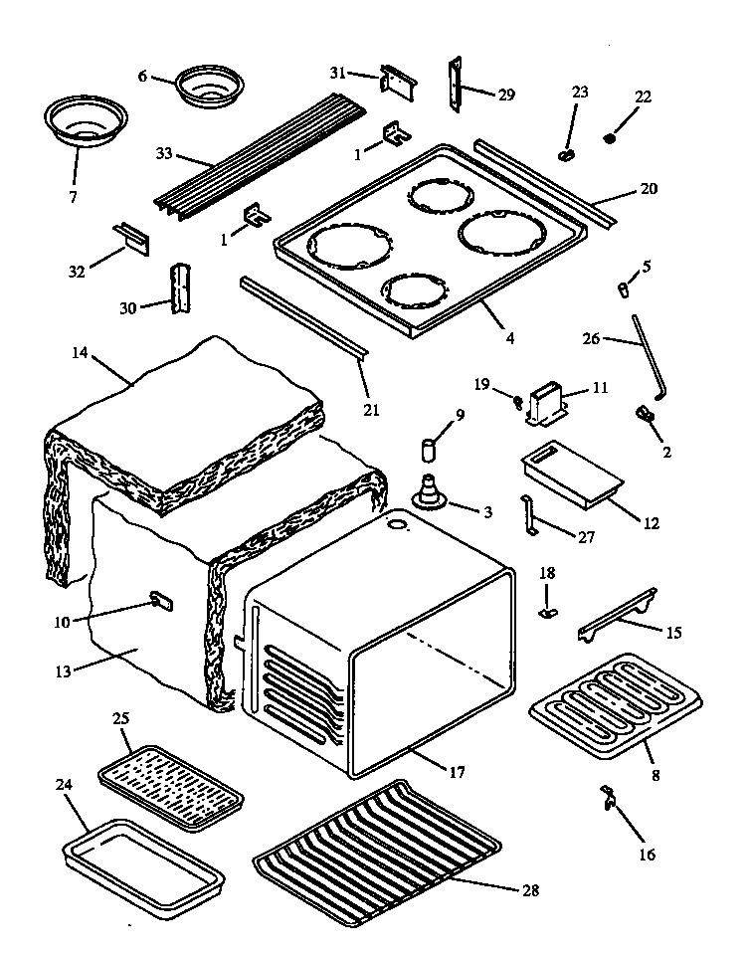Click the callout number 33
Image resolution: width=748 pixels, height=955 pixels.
click(x=165, y=154)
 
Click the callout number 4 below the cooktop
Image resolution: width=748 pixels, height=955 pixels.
click(x=510, y=338)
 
